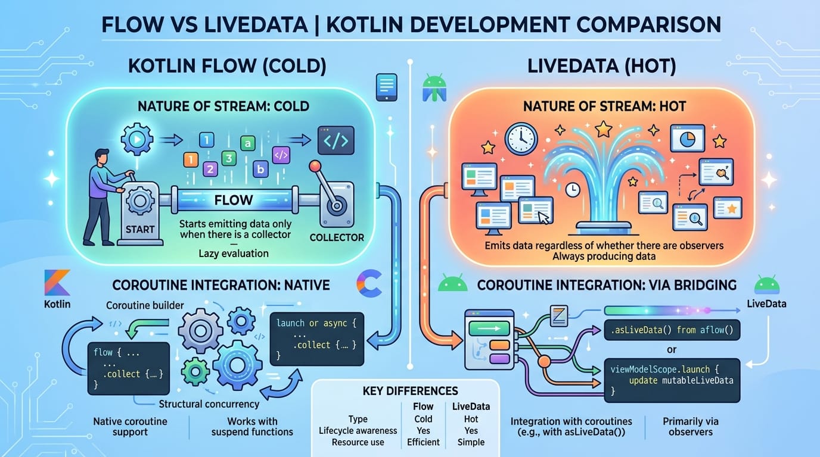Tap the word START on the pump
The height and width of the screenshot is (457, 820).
(x=140, y=229)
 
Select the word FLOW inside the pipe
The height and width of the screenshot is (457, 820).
(x=234, y=199)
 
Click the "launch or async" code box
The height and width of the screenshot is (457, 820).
(x=316, y=337)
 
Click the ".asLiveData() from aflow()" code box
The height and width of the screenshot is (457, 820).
(x=672, y=328)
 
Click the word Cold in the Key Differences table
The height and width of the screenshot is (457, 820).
(x=423, y=419)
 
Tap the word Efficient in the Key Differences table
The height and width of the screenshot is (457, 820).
(x=423, y=442)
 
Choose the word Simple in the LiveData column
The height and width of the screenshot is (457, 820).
(x=471, y=442)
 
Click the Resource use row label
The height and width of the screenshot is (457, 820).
(x=358, y=442)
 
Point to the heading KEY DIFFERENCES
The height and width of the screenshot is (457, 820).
(x=410, y=391)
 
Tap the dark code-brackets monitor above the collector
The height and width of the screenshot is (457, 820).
(x=336, y=140)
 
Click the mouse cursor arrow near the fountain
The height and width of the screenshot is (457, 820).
(x=543, y=218)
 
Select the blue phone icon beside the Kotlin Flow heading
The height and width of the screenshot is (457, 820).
(x=386, y=87)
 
